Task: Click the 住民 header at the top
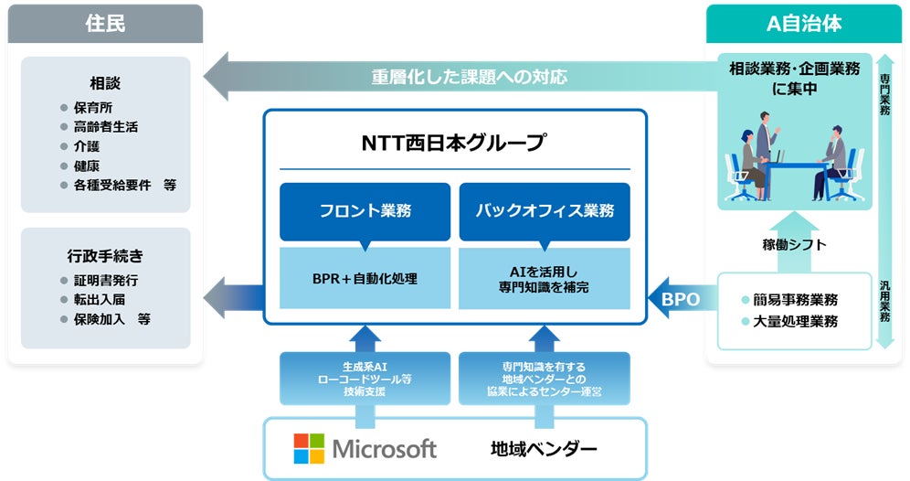pyautogui.click(x=105, y=24)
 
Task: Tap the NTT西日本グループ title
pyautogui.click(x=454, y=143)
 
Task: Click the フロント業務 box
pyautogui.click(x=365, y=211)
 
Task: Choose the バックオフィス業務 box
pyautogui.click(x=545, y=211)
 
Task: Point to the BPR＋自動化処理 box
pyautogui.click(x=365, y=277)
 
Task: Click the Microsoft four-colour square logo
pyautogui.click(x=309, y=448)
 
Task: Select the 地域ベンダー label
pyautogui.click(x=543, y=449)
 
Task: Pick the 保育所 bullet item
pyautogui.click(x=92, y=107)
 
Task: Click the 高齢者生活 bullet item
pyautogui.click(x=105, y=126)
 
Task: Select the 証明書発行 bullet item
pyautogui.click(x=105, y=280)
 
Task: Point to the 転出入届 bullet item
pyautogui.click(x=99, y=300)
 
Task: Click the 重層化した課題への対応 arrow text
pyautogui.click(x=469, y=77)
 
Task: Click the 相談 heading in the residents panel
pyautogui.click(x=105, y=83)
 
